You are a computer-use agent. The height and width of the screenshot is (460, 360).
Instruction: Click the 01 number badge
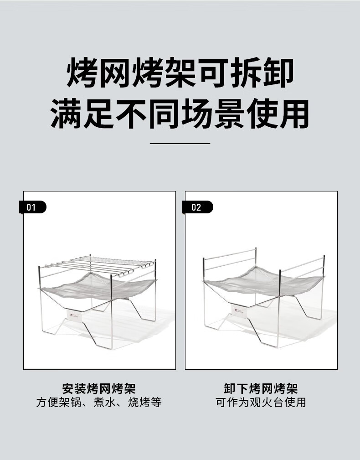coord(32,207)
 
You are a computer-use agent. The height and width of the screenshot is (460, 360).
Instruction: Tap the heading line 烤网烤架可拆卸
coord(180,73)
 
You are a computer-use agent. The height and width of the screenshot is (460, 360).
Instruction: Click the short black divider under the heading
coord(180,143)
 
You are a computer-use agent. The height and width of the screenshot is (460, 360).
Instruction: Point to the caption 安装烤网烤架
coord(99,389)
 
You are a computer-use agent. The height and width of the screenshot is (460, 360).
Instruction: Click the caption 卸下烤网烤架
coord(261,389)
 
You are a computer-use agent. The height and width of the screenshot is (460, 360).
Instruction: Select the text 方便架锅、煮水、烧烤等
coord(99,403)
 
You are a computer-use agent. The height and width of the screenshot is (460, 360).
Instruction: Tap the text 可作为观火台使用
coord(261,403)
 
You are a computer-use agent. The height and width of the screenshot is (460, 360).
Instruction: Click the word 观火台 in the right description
coord(261,403)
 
